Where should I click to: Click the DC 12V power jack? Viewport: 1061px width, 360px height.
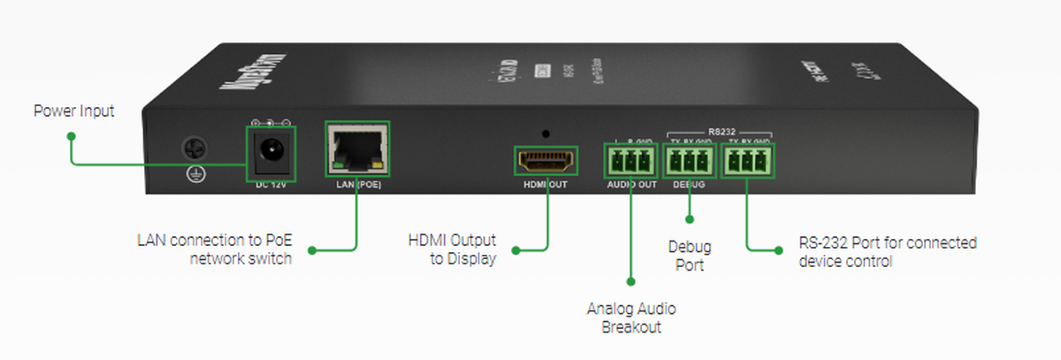click(x=270, y=155)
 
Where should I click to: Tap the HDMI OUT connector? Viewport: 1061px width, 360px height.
click(x=546, y=162)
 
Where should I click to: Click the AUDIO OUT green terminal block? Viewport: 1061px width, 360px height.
click(x=631, y=162)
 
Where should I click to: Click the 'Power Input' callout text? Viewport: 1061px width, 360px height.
click(x=74, y=111)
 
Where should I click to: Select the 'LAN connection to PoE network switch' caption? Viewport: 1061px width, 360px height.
click(x=214, y=249)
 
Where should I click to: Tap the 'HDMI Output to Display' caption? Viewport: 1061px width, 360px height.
click(x=452, y=249)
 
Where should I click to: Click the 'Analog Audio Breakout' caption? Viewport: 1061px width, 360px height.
click(x=631, y=318)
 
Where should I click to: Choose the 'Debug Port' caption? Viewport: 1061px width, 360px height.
click(x=690, y=256)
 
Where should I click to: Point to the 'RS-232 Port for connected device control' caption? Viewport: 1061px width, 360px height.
click(x=887, y=251)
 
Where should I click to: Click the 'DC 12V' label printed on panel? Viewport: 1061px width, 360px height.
click(x=271, y=186)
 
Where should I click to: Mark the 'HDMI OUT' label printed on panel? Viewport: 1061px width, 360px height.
click(x=545, y=186)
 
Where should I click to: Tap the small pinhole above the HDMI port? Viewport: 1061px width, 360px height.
click(x=546, y=134)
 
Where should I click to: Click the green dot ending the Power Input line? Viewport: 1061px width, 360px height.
click(x=72, y=136)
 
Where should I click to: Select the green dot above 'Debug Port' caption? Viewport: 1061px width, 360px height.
click(x=690, y=218)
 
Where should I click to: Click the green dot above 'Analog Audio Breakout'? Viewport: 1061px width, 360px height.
click(x=631, y=281)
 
